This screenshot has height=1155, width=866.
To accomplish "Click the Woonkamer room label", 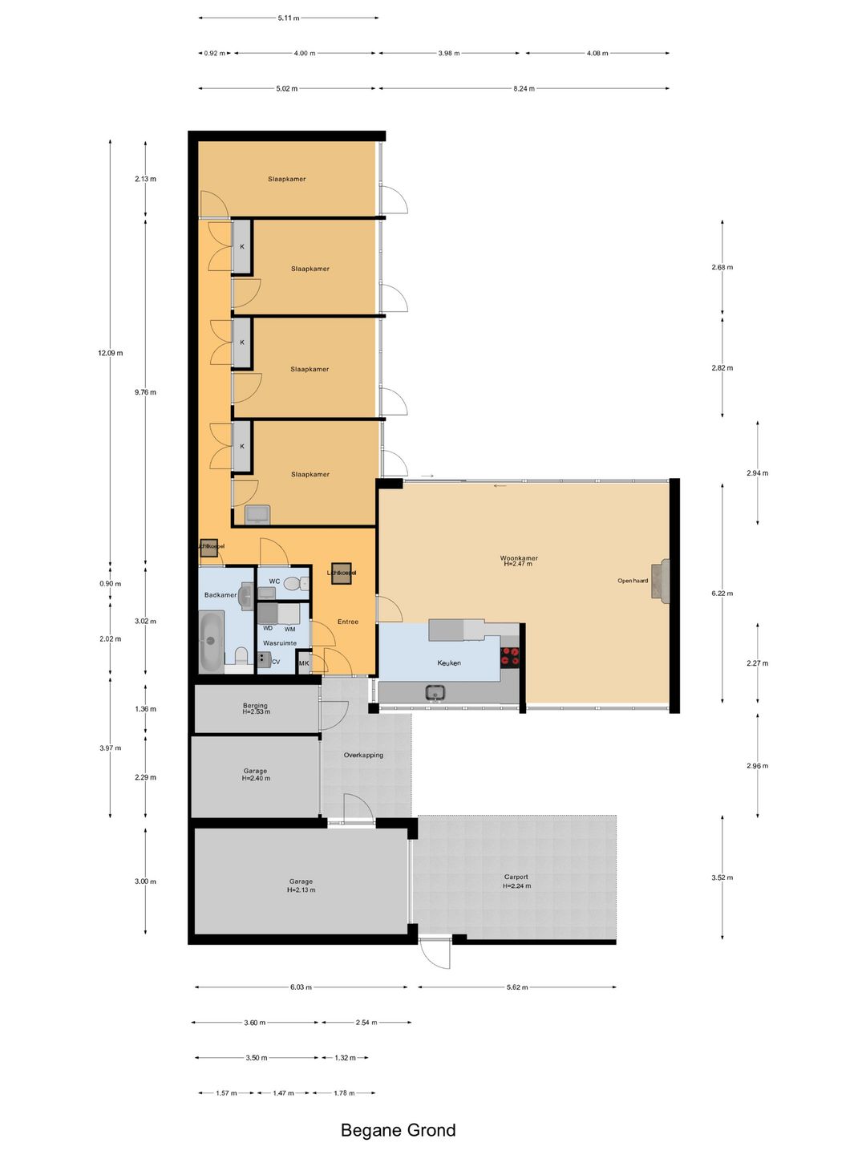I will pyautogui.click(x=519, y=558).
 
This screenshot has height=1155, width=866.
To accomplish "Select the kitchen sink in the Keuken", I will pyautogui.click(x=435, y=691).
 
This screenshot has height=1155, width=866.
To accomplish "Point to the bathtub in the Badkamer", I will pyautogui.click(x=211, y=642).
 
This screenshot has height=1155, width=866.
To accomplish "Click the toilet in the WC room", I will pyautogui.click(x=303, y=583).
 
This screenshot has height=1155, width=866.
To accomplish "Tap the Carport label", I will pyautogui.click(x=516, y=877).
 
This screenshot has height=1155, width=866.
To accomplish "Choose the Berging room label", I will pyautogui.click(x=255, y=706).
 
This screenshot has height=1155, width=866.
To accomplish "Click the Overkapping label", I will pyautogui.click(x=363, y=755).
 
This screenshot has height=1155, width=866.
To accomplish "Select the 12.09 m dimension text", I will pyautogui.click(x=111, y=353).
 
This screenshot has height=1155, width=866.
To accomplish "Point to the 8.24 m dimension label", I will pyautogui.click(x=524, y=88).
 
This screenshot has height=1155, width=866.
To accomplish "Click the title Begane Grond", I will pyautogui.click(x=398, y=1130).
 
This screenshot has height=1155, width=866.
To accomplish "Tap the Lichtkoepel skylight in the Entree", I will pyautogui.click(x=341, y=573).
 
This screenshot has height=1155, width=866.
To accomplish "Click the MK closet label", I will pyautogui.click(x=304, y=663).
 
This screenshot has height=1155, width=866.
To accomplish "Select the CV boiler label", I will pyautogui.click(x=276, y=662).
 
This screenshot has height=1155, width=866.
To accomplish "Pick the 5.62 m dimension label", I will pyautogui.click(x=517, y=987).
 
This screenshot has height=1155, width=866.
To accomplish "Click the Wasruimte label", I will pyautogui.click(x=280, y=643).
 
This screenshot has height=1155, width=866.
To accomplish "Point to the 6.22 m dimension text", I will pyautogui.click(x=722, y=594).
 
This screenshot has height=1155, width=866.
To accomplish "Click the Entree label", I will pyautogui.click(x=348, y=622).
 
